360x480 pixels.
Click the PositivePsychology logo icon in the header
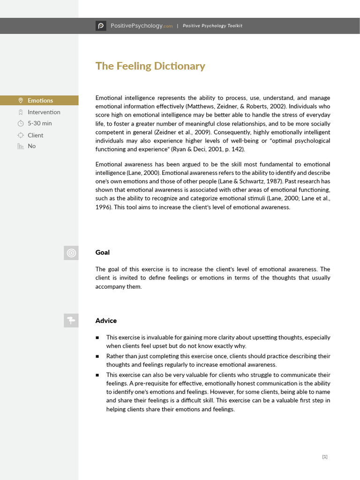tap(101, 26)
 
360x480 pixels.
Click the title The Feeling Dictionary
tap(150, 66)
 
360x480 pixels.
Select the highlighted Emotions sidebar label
tap(40, 100)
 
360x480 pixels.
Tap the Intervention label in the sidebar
tap(44, 112)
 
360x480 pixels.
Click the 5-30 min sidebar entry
tap(39, 123)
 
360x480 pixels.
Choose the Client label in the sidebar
tap(35, 135)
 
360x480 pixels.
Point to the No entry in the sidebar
tap(31, 146)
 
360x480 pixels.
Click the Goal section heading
tap(102, 252)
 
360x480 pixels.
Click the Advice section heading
tap(106, 321)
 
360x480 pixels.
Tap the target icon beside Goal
tap(71, 253)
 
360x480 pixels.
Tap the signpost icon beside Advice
tap(71, 321)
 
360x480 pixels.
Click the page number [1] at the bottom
tap(325, 457)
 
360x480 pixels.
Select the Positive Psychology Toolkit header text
tap(212, 26)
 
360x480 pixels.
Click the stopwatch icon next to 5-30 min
tap(20, 123)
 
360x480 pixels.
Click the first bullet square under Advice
tap(97, 337)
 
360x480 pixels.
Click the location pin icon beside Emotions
tap(20, 100)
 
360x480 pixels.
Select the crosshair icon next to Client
tap(20, 135)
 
